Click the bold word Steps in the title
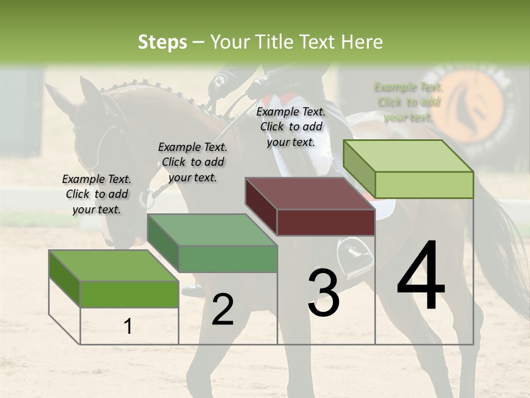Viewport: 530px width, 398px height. (162, 42)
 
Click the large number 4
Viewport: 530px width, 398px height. (421, 276)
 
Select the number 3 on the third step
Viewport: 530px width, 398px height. (324, 293)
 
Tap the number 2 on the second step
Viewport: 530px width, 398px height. (222, 310)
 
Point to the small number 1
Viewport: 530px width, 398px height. (128, 327)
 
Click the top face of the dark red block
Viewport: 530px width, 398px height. (309, 193)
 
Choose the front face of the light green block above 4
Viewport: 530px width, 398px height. (424, 185)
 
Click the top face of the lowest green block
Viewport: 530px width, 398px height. (113, 265)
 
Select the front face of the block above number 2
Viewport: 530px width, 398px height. (228, 259)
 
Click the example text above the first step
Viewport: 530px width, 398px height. (97, 194)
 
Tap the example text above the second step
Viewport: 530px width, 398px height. (192, 162)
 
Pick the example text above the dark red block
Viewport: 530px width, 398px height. (291, 127)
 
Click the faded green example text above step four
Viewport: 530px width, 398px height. (409, 102)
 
